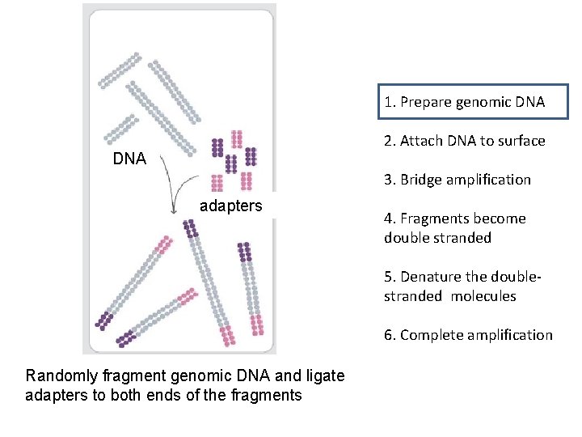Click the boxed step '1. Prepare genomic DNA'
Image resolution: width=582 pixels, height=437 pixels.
465,102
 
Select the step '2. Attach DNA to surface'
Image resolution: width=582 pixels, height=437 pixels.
464,141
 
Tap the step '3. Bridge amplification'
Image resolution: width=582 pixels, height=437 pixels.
457,180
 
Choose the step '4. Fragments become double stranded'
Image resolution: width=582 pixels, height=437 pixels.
454,227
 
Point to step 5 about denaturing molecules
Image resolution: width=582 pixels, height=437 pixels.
462,286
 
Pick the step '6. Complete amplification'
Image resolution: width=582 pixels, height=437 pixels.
468,335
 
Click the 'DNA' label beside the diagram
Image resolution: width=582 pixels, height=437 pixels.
129,159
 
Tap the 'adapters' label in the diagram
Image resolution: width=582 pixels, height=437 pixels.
230,206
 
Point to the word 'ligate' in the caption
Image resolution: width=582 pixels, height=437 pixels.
325,375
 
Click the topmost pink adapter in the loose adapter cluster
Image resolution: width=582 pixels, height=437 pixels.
236,139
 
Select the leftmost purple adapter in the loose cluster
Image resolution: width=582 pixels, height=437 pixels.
217,147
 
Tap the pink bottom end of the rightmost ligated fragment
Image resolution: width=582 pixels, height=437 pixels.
257,324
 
